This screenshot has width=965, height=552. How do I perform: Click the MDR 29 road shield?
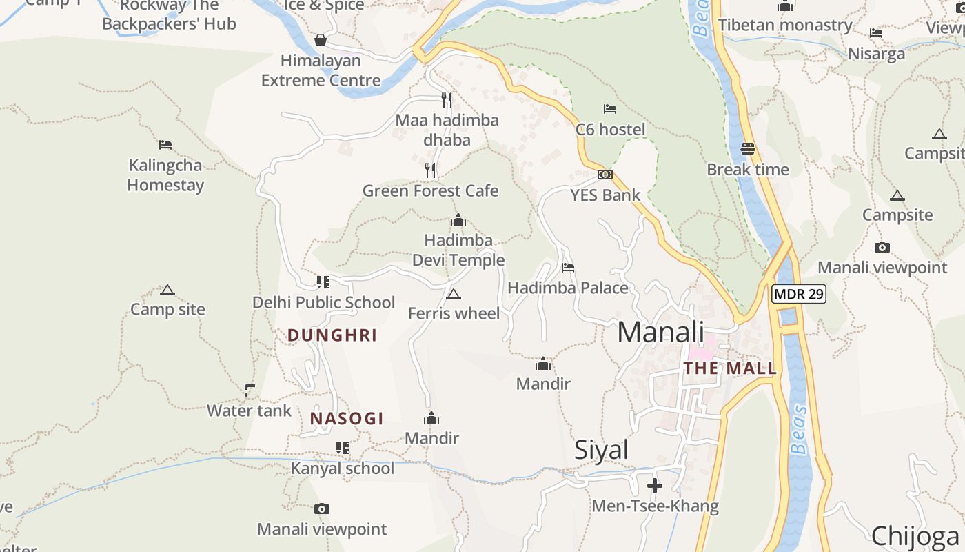click(799, 294)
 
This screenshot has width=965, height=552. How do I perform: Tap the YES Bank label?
click(605, 195)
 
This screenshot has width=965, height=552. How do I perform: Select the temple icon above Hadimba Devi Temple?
click(458, 221)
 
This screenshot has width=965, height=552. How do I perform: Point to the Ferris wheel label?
click(454, 313)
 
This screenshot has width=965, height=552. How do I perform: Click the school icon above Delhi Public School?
click(323, 282)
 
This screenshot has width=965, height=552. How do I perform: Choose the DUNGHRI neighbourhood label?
click(332, 335)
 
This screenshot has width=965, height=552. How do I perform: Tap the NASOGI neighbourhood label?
click(347, 419)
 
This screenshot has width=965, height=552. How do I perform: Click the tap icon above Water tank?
click(250, 391)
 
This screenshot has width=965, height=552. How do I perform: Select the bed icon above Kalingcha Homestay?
click(165, 145)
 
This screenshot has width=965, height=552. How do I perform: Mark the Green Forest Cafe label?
click(430, 190)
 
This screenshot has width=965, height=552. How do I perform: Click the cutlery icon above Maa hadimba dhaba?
click(447, 100)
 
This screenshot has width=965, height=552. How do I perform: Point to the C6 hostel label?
click(610, 130)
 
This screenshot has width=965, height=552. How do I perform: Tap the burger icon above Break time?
click(748, 148)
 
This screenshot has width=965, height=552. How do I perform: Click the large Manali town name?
click(660, 332)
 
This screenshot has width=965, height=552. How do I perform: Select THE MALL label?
click(730, 368)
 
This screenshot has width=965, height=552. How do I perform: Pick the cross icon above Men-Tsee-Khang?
click(655, 486)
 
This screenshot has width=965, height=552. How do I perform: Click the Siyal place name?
click(601, 450)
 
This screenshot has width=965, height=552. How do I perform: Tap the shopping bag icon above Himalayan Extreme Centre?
click(321, 40)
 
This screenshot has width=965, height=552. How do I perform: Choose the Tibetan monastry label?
click(785, 26)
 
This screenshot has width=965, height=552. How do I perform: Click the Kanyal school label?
click(342, 469)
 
